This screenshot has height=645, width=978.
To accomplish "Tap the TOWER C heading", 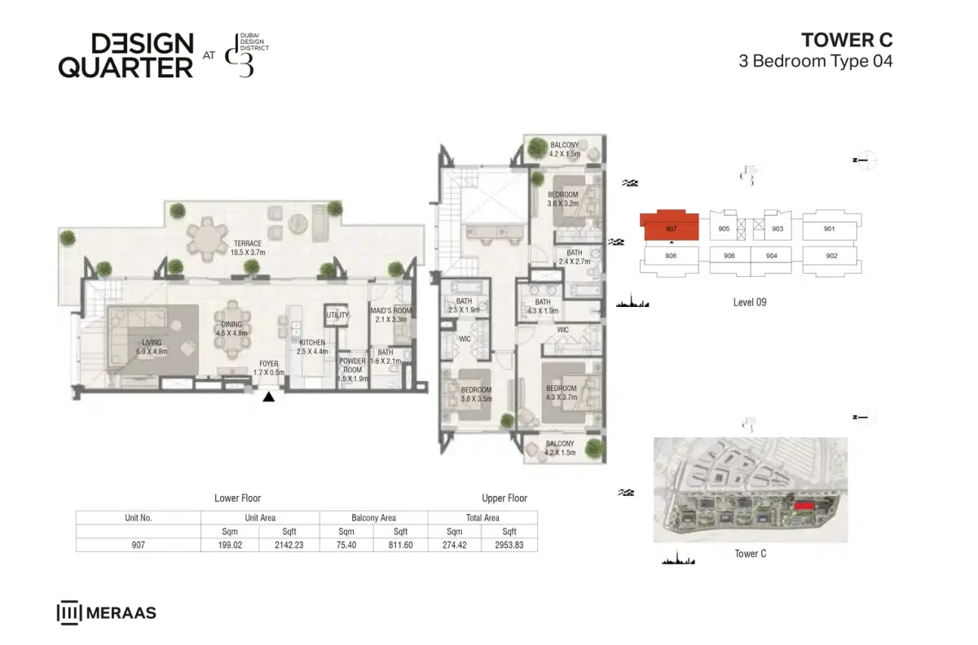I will [847, 40].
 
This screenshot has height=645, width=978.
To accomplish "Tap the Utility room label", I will [337, 315].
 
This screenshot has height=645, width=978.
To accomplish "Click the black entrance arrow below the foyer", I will [268, 397].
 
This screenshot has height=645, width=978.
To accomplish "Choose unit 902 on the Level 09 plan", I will [831, 256].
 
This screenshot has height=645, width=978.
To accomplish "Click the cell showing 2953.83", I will [509, 545].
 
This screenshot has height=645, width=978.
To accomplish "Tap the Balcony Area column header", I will [373, 517].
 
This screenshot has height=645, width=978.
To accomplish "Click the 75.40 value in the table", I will [346, 545].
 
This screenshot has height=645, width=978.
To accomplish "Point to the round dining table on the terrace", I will [209, 239].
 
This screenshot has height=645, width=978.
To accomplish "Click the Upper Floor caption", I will [504, 498].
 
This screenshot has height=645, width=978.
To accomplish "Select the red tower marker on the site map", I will [804, 506].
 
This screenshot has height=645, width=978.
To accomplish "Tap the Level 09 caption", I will [750, 302].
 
